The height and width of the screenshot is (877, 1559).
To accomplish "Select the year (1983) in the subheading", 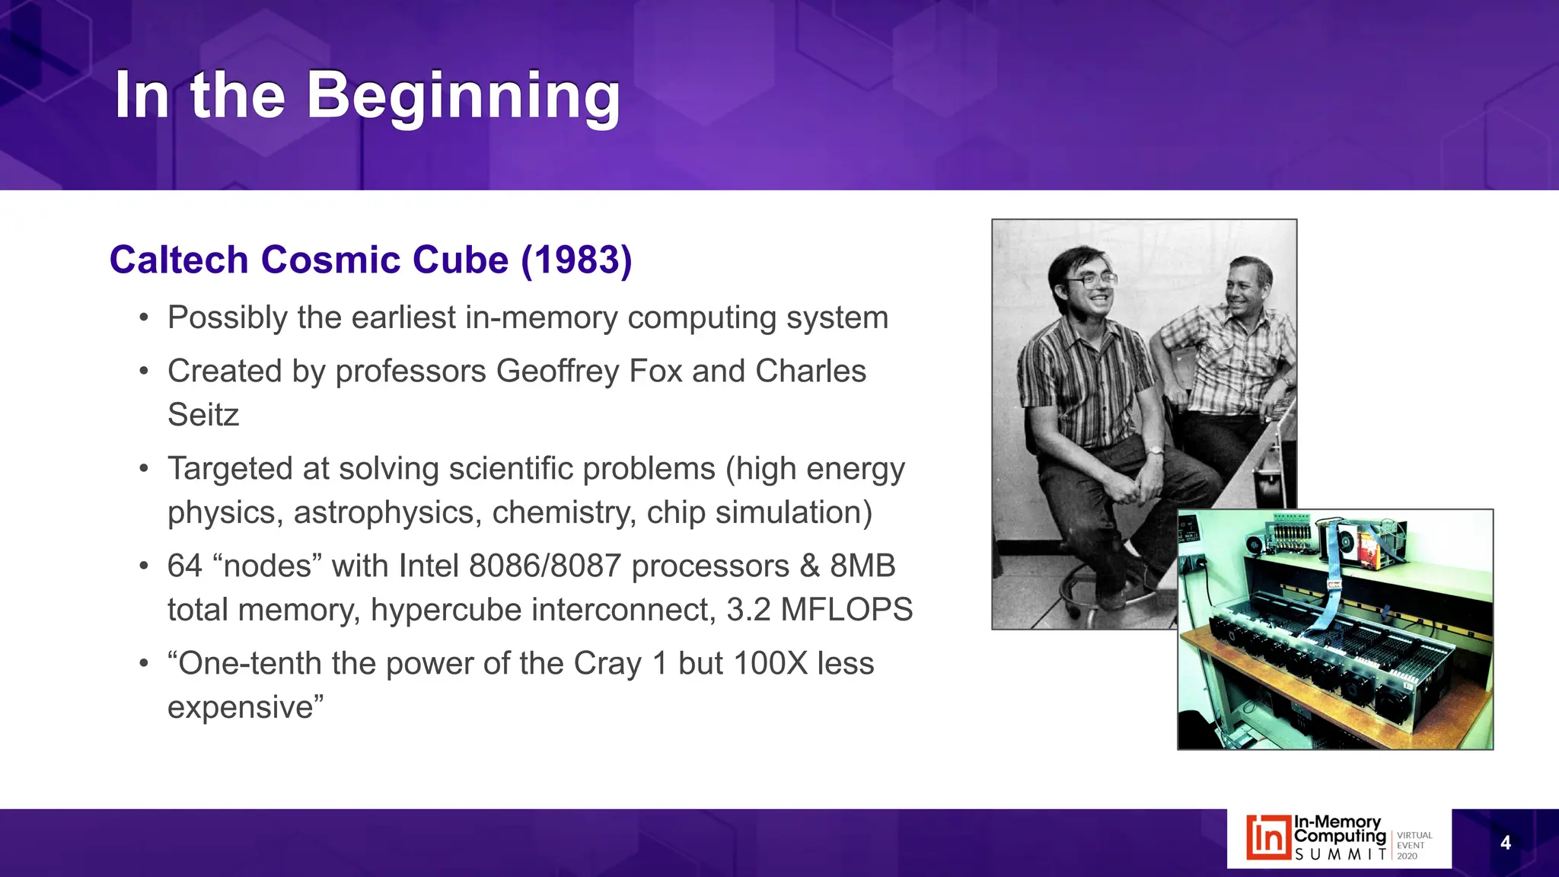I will (x=576, y=260).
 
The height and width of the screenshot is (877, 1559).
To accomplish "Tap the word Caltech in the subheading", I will (x=179, y=260).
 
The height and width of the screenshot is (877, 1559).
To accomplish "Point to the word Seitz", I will (x=203, y=416).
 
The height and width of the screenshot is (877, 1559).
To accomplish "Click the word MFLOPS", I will (x=846, y=611).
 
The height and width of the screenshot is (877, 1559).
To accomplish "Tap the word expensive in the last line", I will (x=241, y=708).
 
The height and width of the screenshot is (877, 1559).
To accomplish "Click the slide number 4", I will (x=1505, y=843).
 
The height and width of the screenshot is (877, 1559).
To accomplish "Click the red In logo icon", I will (x=1268, y=838).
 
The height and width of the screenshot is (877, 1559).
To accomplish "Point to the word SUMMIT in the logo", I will (x=1340, y=855).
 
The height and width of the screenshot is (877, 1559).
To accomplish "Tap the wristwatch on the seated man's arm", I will (x=1155, y=451).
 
